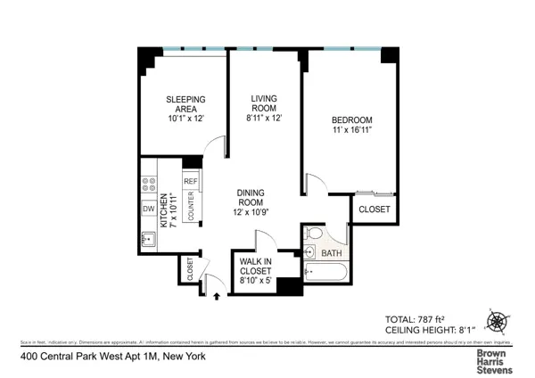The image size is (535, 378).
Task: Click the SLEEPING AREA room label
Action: pyautogui.click(x=186, y=104)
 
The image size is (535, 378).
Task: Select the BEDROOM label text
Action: pyautogui.click(x=351, y=120)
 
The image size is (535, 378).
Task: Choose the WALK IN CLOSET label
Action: pyautogui.click(x=255, y=268)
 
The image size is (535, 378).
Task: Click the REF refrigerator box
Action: pyautogui.click(x=190, y=181)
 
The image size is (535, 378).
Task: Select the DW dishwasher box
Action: pyautogui.click(x=149, y=210)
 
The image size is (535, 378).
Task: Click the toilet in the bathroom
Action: pyautogui.click(x=311, y=236)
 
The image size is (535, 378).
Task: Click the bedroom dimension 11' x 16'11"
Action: pyautogui.click(x=351, y=130)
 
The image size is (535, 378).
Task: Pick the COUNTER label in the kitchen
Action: pyautogui.click(x=190, y=205)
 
